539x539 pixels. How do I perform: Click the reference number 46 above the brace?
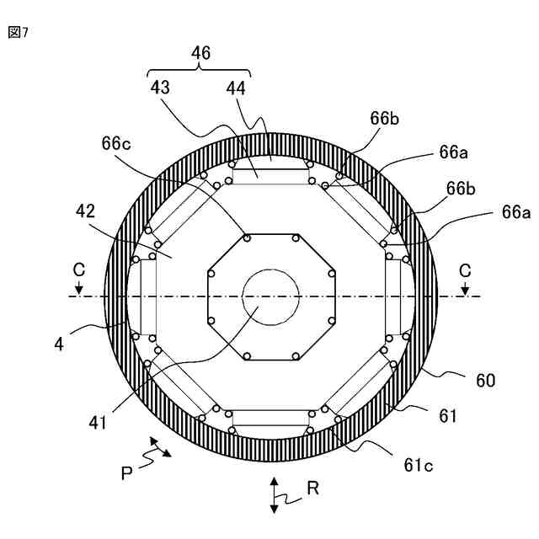200,53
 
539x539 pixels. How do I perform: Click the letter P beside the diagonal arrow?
126,472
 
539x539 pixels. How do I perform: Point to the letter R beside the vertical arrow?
312,488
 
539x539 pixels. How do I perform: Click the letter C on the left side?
78,270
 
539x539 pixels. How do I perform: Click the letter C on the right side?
465,270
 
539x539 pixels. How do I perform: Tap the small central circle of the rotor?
270,296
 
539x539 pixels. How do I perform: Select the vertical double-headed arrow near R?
274,494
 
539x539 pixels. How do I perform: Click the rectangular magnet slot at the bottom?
270,419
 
